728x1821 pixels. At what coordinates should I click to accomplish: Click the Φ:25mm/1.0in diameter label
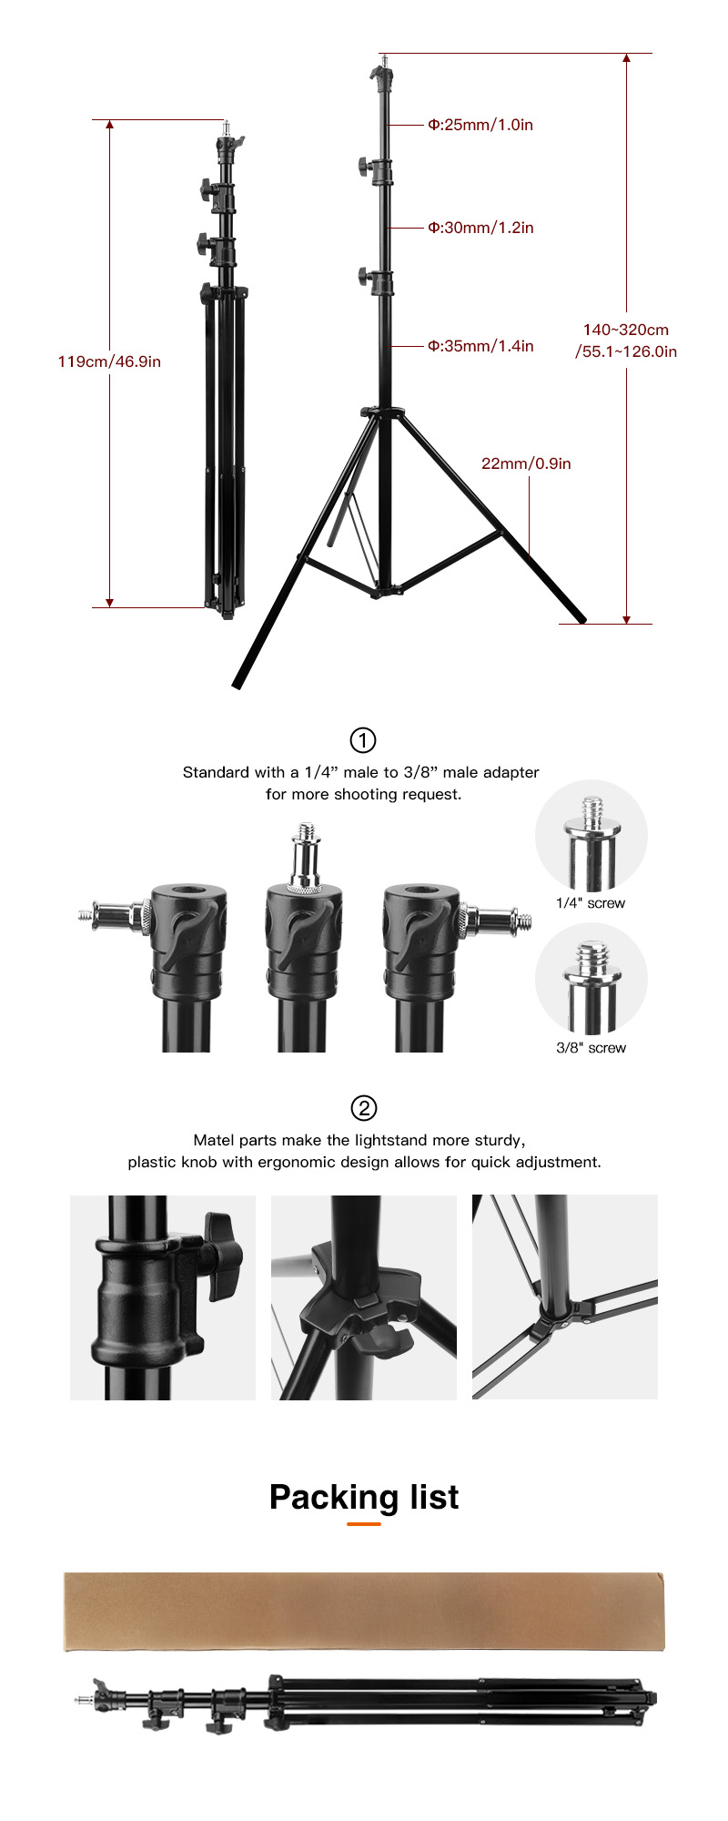point(480,125)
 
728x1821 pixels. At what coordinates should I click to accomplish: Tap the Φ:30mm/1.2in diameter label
point(480,228)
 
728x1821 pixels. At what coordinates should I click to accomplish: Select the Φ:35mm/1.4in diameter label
point(480,346)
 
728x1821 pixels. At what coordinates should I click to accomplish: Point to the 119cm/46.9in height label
point(109,361)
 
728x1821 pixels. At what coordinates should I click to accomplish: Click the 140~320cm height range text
point(626,330)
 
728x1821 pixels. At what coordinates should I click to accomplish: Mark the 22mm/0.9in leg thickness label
point(526,463)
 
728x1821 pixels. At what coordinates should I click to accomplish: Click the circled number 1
point(363,740)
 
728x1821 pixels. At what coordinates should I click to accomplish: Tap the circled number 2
point(363,1108)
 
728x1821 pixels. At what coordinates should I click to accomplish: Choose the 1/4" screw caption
point(591,903)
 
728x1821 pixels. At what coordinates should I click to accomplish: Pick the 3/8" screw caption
point(591,1048)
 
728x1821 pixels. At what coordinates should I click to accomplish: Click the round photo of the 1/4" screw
point(591,836)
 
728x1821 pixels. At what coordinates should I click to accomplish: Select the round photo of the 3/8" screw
point(591,979)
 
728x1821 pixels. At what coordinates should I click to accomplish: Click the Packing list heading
point(364,1497)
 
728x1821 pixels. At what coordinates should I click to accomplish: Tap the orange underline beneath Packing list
point(364,1523)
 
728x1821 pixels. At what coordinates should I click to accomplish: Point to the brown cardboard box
point(364,1611)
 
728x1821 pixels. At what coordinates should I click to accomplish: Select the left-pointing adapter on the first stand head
point(115,914)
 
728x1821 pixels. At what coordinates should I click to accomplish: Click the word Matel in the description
point(214,1140)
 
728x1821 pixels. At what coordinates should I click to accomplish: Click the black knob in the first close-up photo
point(224,1255)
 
